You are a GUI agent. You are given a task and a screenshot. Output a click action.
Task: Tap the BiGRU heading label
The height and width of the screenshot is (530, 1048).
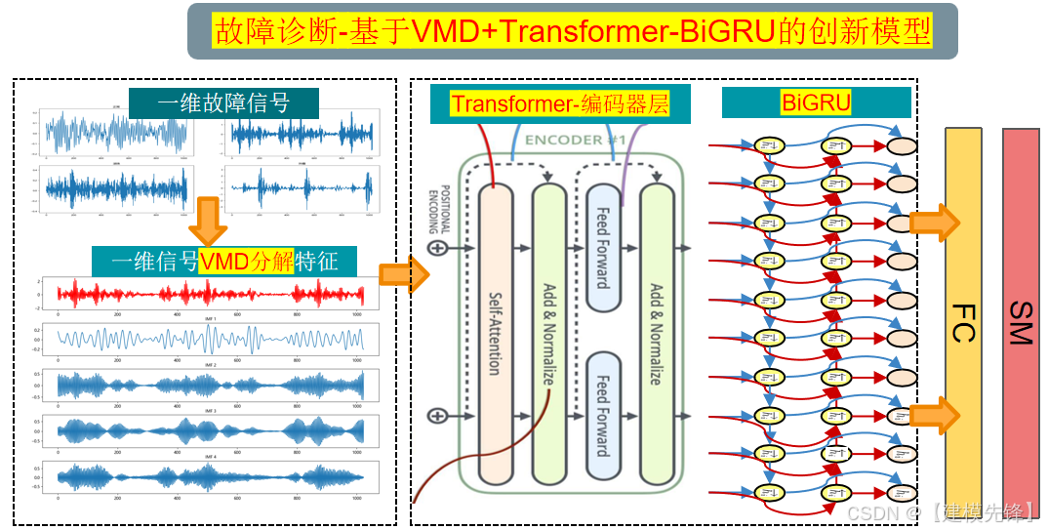(816, 102)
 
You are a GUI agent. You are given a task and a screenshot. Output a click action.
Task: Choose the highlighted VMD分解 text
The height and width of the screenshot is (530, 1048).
(246, 261)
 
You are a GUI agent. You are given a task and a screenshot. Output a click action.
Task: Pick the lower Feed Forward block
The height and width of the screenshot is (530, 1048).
(602, 417)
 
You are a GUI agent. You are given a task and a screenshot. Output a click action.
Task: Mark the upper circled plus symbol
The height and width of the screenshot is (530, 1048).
(437, 248)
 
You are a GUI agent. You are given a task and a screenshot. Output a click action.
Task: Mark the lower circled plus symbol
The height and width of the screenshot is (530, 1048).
(437, 416)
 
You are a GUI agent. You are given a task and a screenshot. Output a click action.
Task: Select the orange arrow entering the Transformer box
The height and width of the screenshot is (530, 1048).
(404, 275)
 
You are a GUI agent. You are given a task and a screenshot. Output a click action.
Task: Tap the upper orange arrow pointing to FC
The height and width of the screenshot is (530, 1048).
(934, 223)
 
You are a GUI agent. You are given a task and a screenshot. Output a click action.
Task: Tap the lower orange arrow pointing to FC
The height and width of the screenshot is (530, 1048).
(934, 415)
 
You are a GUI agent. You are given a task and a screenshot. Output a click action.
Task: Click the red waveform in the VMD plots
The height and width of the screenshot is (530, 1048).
(210, 294)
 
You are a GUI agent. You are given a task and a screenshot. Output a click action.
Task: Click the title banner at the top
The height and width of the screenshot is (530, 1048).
(572, 31)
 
